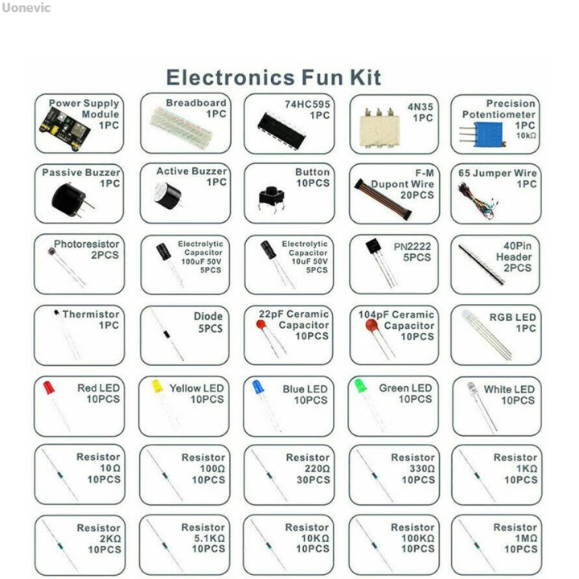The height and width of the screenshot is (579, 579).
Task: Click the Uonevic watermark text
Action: [26, 8]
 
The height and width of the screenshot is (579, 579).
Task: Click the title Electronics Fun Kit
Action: [273, 78]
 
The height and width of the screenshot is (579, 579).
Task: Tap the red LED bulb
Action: [49, 387]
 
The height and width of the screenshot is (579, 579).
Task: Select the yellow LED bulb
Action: [157, 386]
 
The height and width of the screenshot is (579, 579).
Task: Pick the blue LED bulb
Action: [257, 387]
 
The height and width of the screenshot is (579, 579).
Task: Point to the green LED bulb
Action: [361, 385]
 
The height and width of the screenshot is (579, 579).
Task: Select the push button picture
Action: [268, 197]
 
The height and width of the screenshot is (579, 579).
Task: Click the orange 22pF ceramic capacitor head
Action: [261, 325]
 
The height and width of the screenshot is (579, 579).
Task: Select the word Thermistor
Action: [91, 314]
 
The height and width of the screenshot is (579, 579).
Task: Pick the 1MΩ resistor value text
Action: [521, 539]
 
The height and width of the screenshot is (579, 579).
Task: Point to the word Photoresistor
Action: [86, 244]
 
